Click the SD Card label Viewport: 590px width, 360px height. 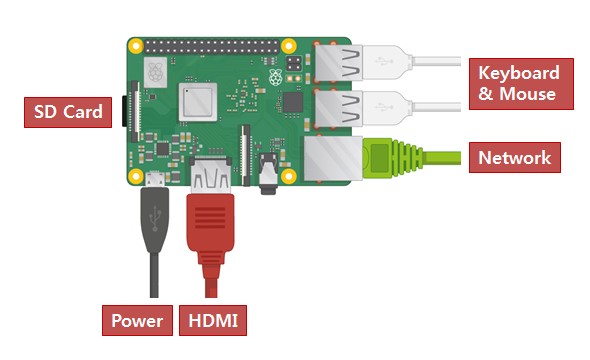pyautogui.click(x=68, y=112)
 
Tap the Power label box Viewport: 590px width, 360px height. pyautogui.click(x=137, y=321)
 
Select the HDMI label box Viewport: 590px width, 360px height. pyautogui.click(x=213, y=321)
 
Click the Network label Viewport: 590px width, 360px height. pyautogui.click(x=515, y=158)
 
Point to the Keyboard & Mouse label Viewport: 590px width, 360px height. pyautogui.click(x=521, y=84)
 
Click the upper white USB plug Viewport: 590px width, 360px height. pyautogui.click(x=388, y=62)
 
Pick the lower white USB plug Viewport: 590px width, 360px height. pyautogui.click(x=388, y=108)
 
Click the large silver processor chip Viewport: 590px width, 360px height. pyautogui.click(x=198, y=102)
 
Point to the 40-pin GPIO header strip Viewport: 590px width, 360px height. pyautogui.click(x=212, y=47)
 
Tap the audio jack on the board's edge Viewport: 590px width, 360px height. pyautogui.click(x=268, y=173)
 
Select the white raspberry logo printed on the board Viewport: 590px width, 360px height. pyautogui.click(x=276, y=77)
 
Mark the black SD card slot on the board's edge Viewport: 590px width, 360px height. pyautogui.click(x=124, y=111)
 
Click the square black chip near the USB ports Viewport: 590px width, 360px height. pyautogui.click(x=293, y=102)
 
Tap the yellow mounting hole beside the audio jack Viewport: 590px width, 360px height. pyautogui.click(x=289, y=176)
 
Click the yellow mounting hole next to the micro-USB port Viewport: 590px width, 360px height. pyautogui.click(x=135, y=176)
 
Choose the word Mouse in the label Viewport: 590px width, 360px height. pyautogui.click(x=528, y=94)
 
